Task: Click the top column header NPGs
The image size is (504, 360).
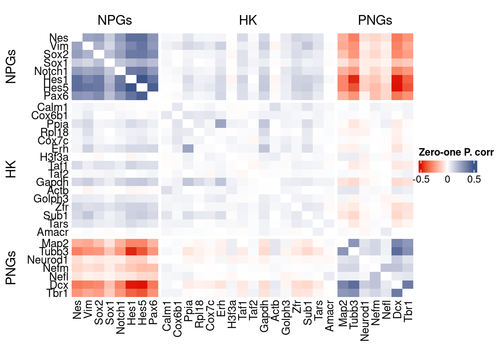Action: [x=114, y=20]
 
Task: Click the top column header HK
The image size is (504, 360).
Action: [x=248, y=20]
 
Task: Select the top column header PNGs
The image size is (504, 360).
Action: [x=375, y=20]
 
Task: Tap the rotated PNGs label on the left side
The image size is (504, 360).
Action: [x=11, y=268]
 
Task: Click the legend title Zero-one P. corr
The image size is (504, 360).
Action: [x=456, y=152]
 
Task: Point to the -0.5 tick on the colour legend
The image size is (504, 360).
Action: [x=421, y=179]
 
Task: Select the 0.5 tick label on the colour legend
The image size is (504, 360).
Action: [x=474, y=179]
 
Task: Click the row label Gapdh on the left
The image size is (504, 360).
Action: [x=52, y=182]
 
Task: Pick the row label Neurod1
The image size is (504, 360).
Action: [x=48, y=260]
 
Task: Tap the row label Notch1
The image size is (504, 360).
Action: [x=51, y=71]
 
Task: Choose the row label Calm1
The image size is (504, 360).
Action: [x=52, y=108]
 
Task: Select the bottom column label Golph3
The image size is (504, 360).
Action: [x=286, y=317]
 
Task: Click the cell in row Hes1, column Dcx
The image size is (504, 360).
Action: [x=397, y=79]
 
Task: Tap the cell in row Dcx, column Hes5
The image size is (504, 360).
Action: [x=142, y=285]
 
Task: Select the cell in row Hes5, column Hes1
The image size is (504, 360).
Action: [x=131, y=88]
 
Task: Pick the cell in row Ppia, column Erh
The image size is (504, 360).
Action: [x=220, y=124]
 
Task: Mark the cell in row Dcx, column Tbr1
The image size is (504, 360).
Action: [x=408, y=285]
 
